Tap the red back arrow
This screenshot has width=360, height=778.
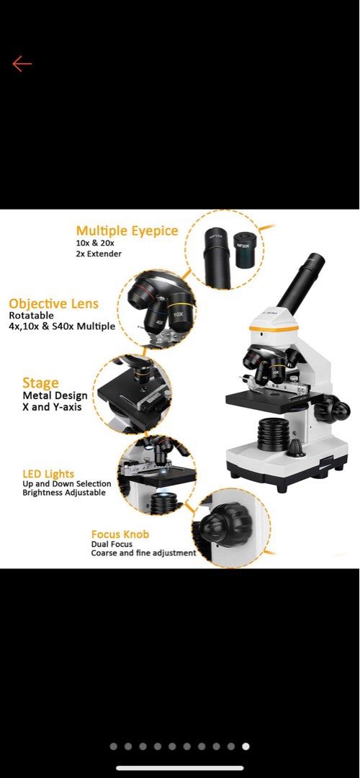pyautogui.click(x=22, y=64)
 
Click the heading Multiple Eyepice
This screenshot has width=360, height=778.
pyautogui.click(x=127, y=231)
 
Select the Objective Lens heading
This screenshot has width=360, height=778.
pyautogui.click(x=53, y=304)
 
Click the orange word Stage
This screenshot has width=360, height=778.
pyautogui.click(x=40, y=383)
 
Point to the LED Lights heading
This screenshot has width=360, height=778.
pyautogui.click(x=48, y=474)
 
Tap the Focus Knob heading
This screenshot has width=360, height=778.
pyautogui.click(x=120, y=535)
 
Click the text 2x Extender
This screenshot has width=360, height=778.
pyautogui.click(x=99, y=254)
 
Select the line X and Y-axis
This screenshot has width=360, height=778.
pyautogui.click(x=52, y=407)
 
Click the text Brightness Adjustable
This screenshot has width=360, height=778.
pyautogui.click(x=64, y=493)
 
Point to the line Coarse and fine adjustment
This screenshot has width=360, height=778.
pyautogui.click(x=143, y=553)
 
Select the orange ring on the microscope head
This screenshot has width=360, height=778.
pyautogui.click(x=274, y=328)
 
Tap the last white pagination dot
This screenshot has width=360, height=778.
pyautogui.click(x=246, y=746)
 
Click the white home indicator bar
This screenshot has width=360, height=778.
pyautogui.click(x=180, y=768)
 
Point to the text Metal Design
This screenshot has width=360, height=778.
pyautogui.click(x=55, y=395)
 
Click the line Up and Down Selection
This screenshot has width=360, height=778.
pyautogui.click(x=67, y=484)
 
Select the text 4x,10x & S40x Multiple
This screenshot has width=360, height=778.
pyautogui.click(x=62, y=326)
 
